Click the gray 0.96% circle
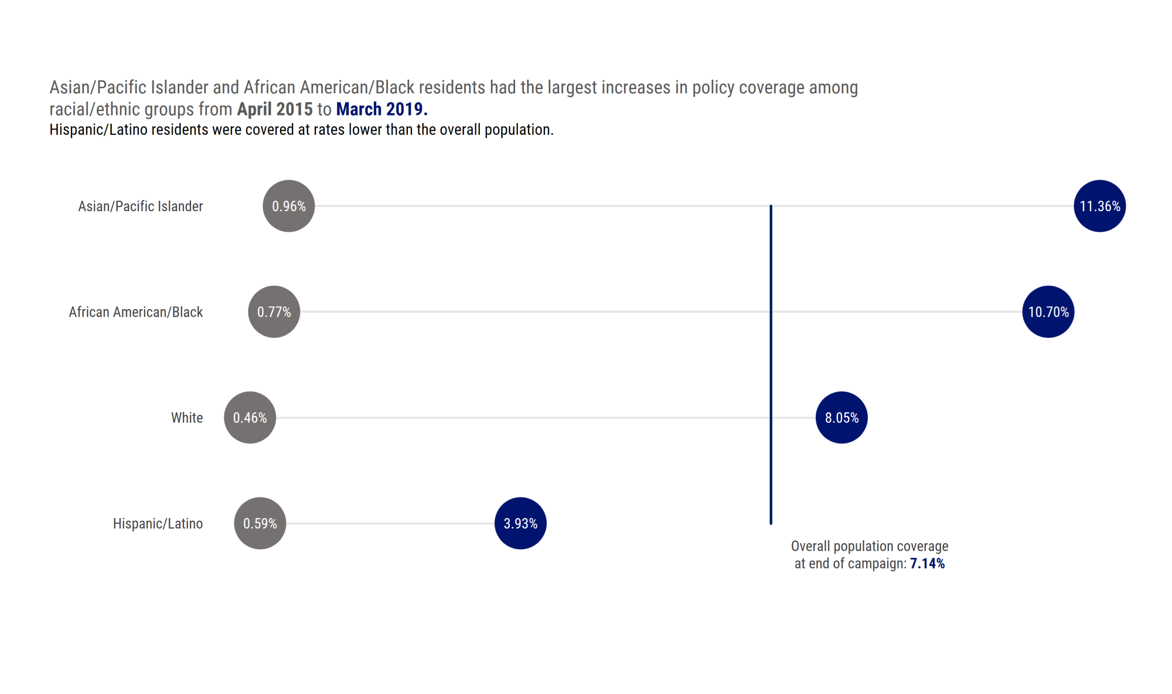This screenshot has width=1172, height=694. (x=288, y=206)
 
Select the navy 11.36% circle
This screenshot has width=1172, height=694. (x=1099, y=206)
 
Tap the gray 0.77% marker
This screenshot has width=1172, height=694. (x=274, y=312)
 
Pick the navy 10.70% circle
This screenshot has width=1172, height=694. (x=1048, y=312)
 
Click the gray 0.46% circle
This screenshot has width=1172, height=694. (x=250, y=417)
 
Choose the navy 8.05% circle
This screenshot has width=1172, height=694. (x=841, y=417)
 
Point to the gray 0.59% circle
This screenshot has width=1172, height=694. (x=260, y=523)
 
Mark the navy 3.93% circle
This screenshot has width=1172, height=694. (x=520, y=523)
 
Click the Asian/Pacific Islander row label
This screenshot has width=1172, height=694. (x=140, y=206)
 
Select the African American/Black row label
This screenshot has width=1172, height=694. (x=135, y=312)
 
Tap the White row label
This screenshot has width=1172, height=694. (x=186, y=418)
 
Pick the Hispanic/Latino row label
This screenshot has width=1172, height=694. (x=158, y=523)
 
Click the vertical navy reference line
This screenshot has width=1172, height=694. (x=771, y=364)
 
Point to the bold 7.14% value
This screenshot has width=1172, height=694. (x=927, y=564)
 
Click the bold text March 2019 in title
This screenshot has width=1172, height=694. (x=381, y=109)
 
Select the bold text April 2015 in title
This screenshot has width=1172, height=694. (x=274, y=109)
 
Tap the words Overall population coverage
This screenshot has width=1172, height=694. (x=869, y=546)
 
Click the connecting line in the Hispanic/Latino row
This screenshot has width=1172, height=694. (x=390, y=523)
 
